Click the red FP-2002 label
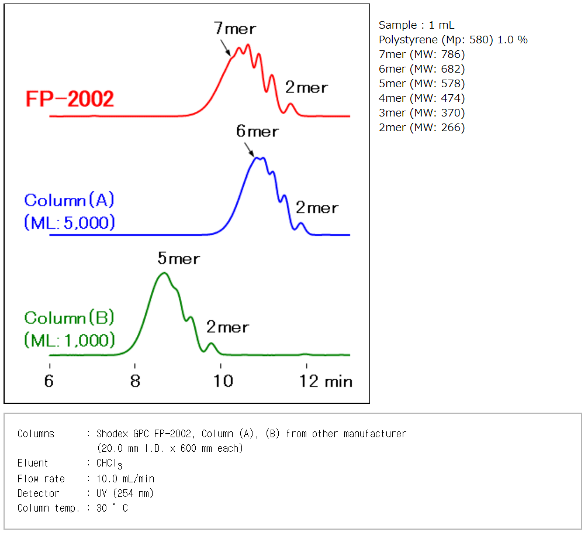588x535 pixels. [x=70, y=99]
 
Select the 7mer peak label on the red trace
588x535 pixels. [x=235, y=29]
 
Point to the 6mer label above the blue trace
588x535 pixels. [x=257, y=131]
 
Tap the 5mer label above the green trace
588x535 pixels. [x=178, y=259]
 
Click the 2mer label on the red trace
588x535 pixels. [x=306, y=88]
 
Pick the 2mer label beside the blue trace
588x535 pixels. [x=317, y=208]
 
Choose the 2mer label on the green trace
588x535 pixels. [x=227, y=328]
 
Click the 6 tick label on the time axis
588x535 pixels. [x=50, y=381]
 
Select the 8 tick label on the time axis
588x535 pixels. [x=135, y=381]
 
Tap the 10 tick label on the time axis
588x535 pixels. [x=222, y=381]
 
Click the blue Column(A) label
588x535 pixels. [x=69, y=200]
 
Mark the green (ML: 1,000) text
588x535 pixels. [x=70, y=340]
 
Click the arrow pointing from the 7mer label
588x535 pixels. [x=226, y=47]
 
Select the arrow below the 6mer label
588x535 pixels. [x=251, y=150]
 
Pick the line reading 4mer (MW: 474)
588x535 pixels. [x=421, y=98]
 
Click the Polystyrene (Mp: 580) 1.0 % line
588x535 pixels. [x=453, y=40]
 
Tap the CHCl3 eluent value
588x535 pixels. [x=110, y=464]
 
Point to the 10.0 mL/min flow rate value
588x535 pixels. [x=124, y=479]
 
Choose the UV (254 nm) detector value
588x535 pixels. [x=125, y=493]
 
